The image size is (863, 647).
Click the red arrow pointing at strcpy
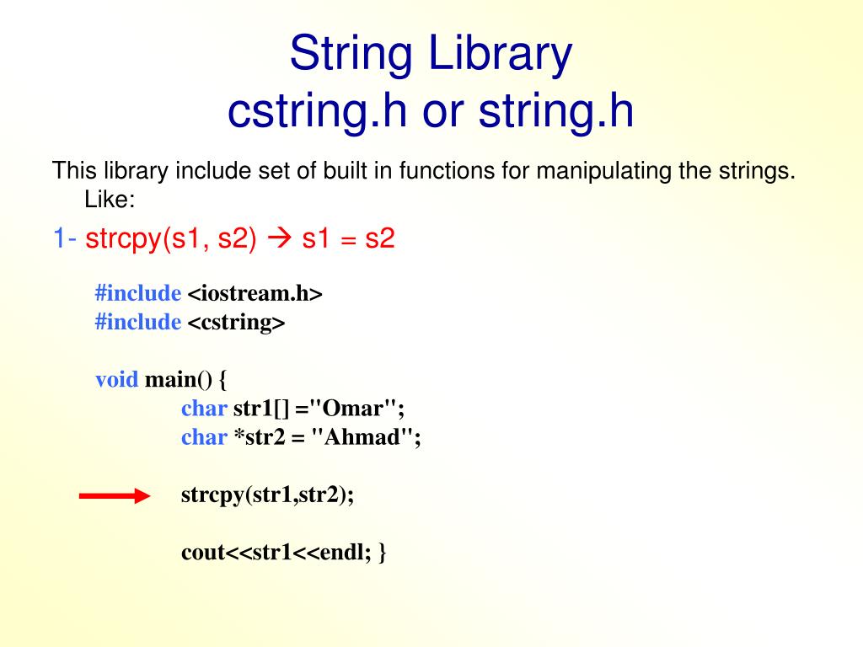(114, 497)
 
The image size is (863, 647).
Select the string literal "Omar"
(353, 409)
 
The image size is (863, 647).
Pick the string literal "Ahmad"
(363, 437)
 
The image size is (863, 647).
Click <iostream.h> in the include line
(255, 293)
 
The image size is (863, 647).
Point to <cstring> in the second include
(236, 322)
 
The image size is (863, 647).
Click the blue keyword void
(116, 379)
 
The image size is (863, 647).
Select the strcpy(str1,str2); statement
(267, 495)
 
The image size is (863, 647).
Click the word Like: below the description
(110, 200)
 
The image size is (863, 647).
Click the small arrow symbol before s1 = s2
(279, 239)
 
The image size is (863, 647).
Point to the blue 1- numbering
(65, 239)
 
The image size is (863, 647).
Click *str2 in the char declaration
(260, 437)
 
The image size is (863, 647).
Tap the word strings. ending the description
(761, 171)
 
